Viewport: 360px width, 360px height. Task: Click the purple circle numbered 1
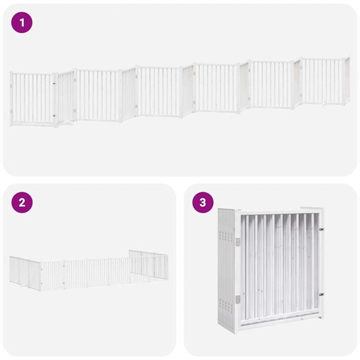click(22, 22)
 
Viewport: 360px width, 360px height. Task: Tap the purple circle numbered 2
click(22, 202)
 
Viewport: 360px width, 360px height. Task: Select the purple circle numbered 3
click(203, 202)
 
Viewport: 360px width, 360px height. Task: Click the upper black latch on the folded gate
click(322, 229)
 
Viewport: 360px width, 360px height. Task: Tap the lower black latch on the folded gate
click(322, 295)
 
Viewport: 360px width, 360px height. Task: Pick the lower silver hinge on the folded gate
click(238, 299)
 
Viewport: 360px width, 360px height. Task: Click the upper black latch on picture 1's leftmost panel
click(54, 84)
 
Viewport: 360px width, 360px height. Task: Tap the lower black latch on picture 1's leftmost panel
click(54, 115)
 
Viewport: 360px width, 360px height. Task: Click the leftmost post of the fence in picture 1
click(11, 99)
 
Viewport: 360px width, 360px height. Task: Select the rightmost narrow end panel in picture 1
click(347, 80)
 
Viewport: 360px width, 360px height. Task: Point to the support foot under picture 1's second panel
click(67, 122)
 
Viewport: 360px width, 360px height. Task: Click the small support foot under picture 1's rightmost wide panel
click(324, 104)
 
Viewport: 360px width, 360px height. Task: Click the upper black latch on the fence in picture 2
click(64, 265)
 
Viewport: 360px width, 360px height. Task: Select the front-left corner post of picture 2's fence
click(40, 276)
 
